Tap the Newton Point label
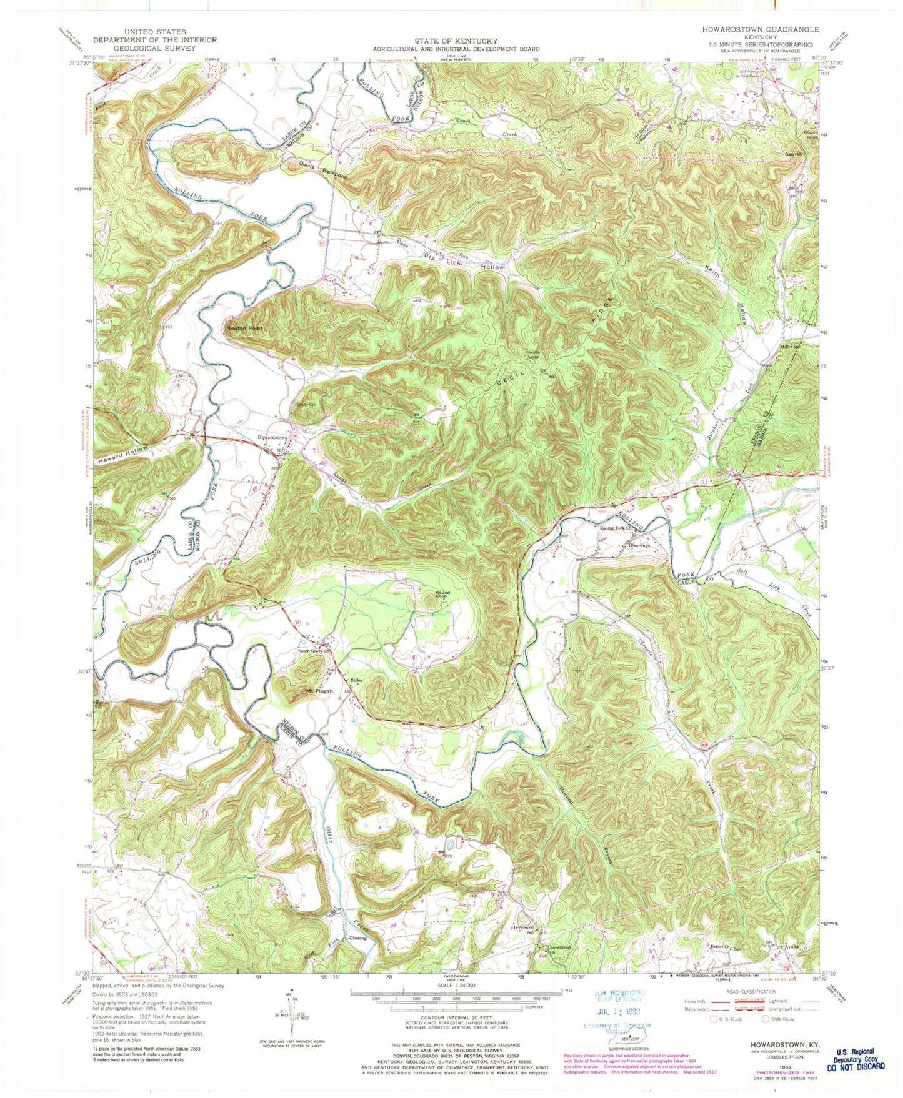pyautogui.click(x=244, y=328)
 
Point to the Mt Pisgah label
pyautogui.click(x=319, y=691)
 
